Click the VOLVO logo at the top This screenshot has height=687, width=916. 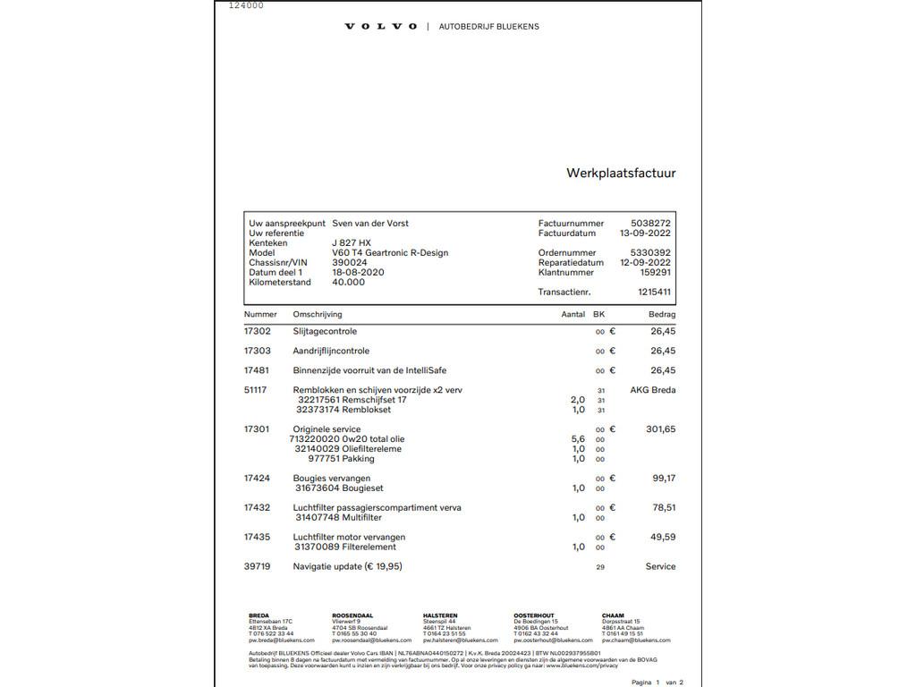[381, 27]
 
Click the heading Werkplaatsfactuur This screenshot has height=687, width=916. [621, 174]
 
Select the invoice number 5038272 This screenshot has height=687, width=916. [651, 224]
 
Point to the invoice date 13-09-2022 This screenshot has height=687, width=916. [645, 233]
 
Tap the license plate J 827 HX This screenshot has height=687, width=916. [352, 243]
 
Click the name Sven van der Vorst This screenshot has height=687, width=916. [370, 224]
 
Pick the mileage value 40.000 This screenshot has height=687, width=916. [349, 283]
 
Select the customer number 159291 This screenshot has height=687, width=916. [656, 273]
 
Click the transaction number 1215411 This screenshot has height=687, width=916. [655, 293]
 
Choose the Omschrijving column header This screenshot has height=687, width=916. [318, 315]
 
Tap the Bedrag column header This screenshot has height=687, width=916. [662, 315]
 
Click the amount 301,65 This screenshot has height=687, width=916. [661, 429]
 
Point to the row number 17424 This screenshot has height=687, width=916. [257, 479]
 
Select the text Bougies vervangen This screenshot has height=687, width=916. [332, 479]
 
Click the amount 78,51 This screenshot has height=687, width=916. [664, 508]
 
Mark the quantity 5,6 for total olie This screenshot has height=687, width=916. [578, 439]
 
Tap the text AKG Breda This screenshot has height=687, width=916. [653, 390]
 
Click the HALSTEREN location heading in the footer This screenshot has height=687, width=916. [440, 615]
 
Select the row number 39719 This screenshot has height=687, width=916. [257, 567]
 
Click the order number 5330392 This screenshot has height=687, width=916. [650, 253]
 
